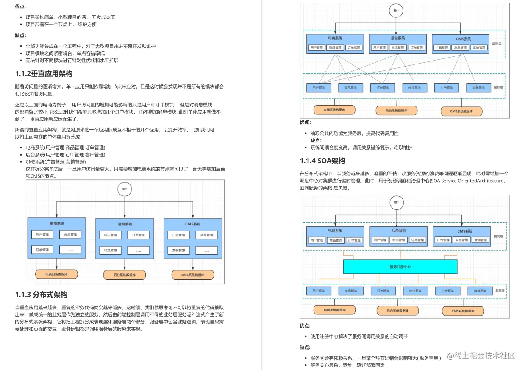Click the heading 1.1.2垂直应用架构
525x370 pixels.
tap(44, 74)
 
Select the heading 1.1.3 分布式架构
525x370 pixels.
tap(41, 295)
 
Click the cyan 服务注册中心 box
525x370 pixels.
tap(400, 267)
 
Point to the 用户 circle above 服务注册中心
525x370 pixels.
tap(396, 203)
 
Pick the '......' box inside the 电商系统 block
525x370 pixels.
tap(70, 250)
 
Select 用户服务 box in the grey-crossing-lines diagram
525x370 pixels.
tap(319, 88)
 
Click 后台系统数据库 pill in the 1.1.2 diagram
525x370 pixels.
tap(125, 275)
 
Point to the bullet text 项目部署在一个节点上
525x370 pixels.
tap(61, 24)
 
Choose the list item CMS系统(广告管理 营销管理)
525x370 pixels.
tap(56, 162)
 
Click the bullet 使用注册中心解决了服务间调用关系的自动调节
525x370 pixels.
tap(359, 336)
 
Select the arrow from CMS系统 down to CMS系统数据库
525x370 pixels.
tap(193, 264)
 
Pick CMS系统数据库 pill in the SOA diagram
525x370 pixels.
tap(462, 311)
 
